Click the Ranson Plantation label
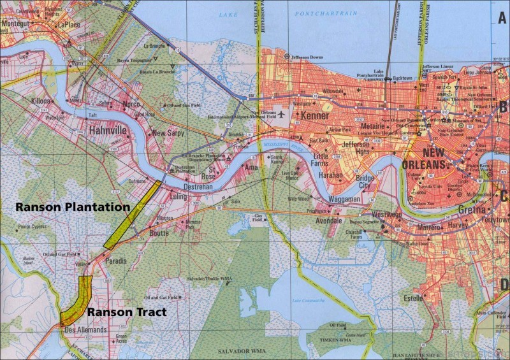pos(73,207)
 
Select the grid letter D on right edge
pos(502,284)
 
